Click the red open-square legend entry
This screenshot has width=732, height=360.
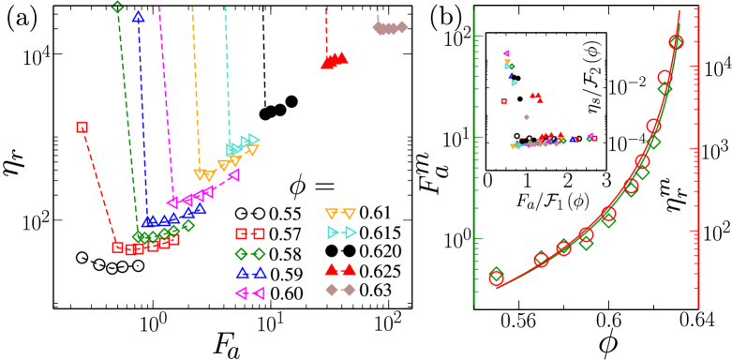[250, 233]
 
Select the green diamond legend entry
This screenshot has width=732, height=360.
[250, 253]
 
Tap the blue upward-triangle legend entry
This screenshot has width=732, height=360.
[250, 273]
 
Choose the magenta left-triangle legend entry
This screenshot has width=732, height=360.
[250, 292]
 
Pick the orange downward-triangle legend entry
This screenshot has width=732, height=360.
[340, 214]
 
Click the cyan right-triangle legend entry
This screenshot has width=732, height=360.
[341, 232]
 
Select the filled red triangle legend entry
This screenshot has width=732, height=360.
[340, 269]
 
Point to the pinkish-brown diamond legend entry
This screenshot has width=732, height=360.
[340, 290]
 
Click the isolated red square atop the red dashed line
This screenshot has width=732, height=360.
[82, 127]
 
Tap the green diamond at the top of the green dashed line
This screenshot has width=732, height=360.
[117, 7]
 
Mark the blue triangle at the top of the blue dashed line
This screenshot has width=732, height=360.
[138, 16]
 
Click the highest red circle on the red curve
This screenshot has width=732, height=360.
[676, 42]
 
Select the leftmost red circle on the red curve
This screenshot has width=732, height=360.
[496, 275]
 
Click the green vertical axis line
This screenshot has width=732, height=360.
[473, 159]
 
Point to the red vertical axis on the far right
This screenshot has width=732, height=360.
[698, 159]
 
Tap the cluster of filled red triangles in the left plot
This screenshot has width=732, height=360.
[334, 61]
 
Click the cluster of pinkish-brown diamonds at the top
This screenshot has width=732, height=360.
[389, 28]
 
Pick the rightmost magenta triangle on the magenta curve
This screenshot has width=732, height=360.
[233, 174]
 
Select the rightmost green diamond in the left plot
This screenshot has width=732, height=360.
[188, 225]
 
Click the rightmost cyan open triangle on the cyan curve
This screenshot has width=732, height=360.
[253, 139]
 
